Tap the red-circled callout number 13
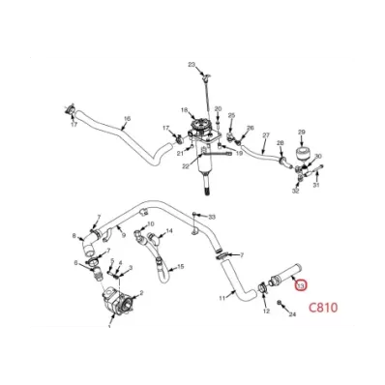(x=301, y=284)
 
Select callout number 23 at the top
(x=192, y=64)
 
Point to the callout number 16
(x=126, y=120)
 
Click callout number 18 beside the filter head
(x=184, y=110)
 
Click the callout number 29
(x=301, y=132)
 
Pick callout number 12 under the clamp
(x=266, y=311)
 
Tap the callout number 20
(x=218, y=108)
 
